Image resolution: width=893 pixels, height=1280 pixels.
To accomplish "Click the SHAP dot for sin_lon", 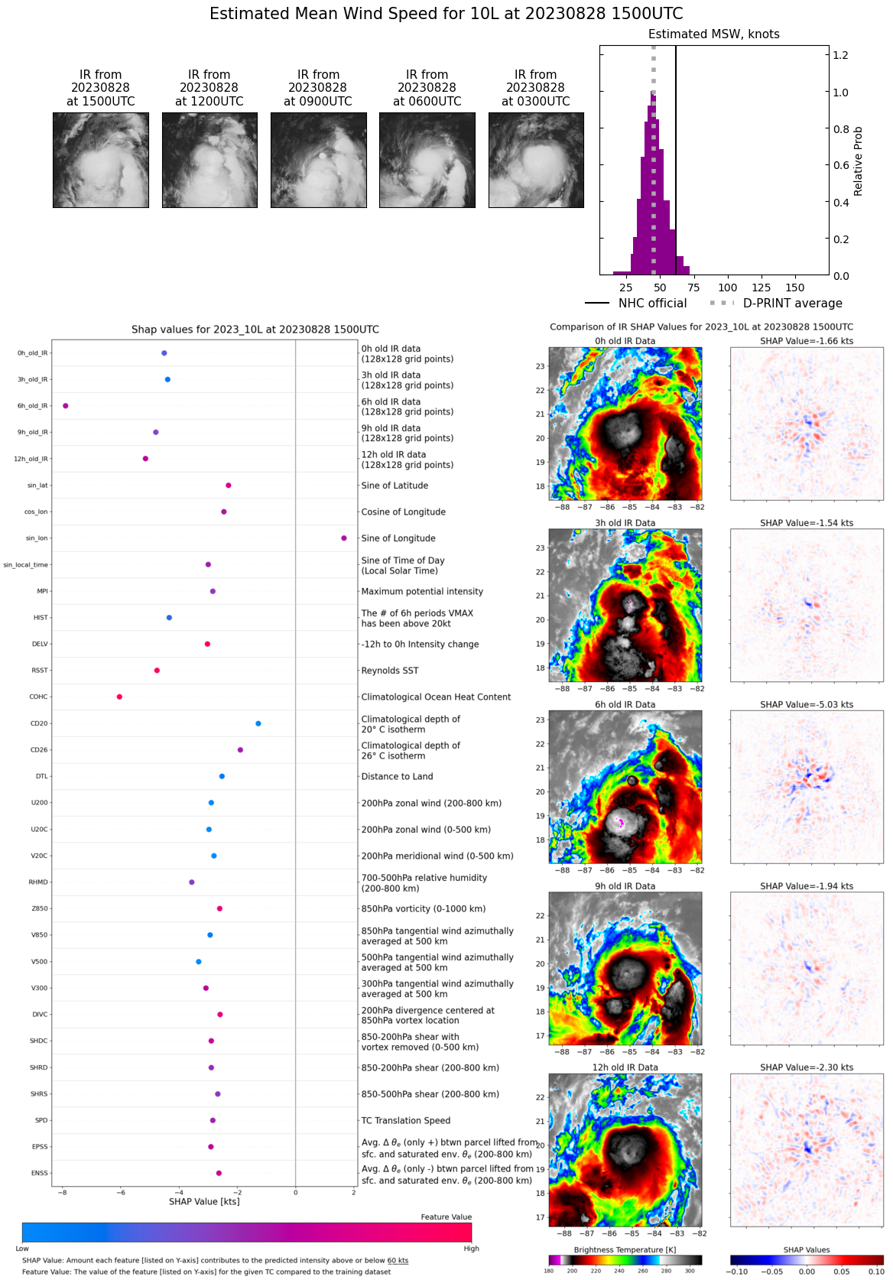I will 344,538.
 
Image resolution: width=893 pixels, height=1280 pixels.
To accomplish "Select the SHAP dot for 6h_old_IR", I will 66,406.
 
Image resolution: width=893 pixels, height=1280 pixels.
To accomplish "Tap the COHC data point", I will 119,697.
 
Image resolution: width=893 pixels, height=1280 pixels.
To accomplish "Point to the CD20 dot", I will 258,723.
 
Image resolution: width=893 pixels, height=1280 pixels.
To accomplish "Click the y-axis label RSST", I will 40,671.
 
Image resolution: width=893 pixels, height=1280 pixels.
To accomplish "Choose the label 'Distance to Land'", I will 397,776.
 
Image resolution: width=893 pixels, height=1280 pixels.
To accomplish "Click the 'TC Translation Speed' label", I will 405,1120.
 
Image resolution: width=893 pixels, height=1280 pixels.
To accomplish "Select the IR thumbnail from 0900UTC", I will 319,160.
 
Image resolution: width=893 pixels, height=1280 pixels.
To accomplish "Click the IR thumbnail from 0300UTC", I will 536,160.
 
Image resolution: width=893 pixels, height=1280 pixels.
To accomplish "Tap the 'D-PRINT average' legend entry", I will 792,304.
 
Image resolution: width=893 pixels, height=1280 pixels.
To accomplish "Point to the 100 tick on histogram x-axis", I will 728,288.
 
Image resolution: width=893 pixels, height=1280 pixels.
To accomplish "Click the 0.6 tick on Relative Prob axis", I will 841,165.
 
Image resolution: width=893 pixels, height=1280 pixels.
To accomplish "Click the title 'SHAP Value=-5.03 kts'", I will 807,704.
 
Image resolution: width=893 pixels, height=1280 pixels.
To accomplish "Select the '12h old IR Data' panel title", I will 625,1067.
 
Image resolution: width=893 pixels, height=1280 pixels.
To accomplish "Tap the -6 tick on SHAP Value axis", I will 120,1192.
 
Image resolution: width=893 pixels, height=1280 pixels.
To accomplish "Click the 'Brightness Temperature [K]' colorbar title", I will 625,1249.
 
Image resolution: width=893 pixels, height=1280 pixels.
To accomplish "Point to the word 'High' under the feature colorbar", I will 471,1249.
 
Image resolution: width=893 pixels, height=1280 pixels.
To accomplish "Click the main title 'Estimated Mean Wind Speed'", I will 446,14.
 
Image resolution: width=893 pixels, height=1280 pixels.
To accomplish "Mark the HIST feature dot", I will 169,618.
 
